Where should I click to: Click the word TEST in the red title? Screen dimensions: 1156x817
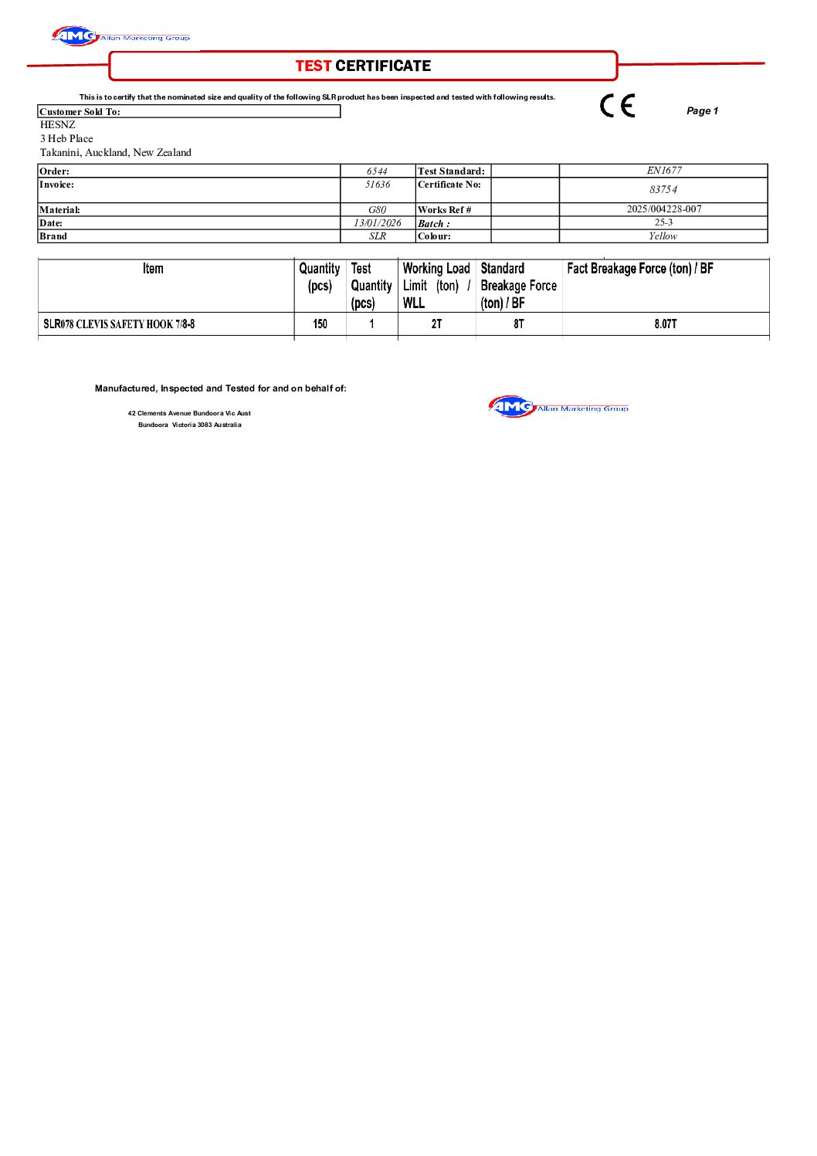point(313,66)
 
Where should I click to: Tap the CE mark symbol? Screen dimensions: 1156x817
point(618,105)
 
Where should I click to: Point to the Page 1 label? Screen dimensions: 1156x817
point(702,111)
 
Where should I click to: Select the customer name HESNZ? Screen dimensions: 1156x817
point(58,125)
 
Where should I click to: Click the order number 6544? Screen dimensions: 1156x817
point(377,171)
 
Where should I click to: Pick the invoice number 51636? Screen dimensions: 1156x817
point(378,185)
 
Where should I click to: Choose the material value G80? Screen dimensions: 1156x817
point(377,210)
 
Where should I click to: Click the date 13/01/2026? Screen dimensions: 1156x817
point(378,223)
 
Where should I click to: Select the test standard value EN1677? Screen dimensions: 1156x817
point(664,171)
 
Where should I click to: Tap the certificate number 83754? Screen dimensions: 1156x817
point(663,190)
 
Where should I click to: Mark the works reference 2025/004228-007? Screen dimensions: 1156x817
point(664,209)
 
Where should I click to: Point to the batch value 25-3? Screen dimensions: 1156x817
point(664,222)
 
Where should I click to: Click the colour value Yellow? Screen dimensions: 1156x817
point(663,236)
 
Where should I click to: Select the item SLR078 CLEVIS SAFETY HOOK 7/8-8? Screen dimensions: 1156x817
point(119,324)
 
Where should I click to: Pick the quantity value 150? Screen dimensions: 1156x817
point(320,324)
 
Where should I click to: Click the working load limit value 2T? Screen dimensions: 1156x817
point(436,324)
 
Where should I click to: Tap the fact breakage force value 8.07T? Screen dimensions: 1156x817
point(666,324)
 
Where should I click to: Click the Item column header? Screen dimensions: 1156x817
point(153,269)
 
